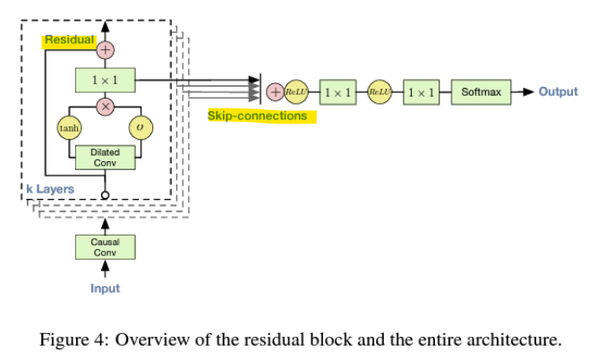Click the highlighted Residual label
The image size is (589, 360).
pos(69,40)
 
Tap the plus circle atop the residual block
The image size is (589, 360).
pos(105,48)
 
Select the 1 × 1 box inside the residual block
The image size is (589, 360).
pos(105,80)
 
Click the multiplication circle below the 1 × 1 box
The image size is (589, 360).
pos(105,107)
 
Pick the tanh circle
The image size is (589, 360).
pos(69,129)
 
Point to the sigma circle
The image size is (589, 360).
pos(141,129)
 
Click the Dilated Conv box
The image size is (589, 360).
pos(105,158)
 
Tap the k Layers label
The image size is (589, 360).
pos(48,189)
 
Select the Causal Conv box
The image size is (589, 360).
pos(105,247)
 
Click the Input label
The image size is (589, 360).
pos(105,288)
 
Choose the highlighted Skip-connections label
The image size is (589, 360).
pos(257,116)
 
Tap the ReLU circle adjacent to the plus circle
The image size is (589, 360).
pos(295,91)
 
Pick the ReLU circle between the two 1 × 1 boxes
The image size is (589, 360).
pos(380,91)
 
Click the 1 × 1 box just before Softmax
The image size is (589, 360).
pos(421,91)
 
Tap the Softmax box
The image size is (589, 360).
pos(480,91)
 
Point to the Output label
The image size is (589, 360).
pos(558,91)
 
